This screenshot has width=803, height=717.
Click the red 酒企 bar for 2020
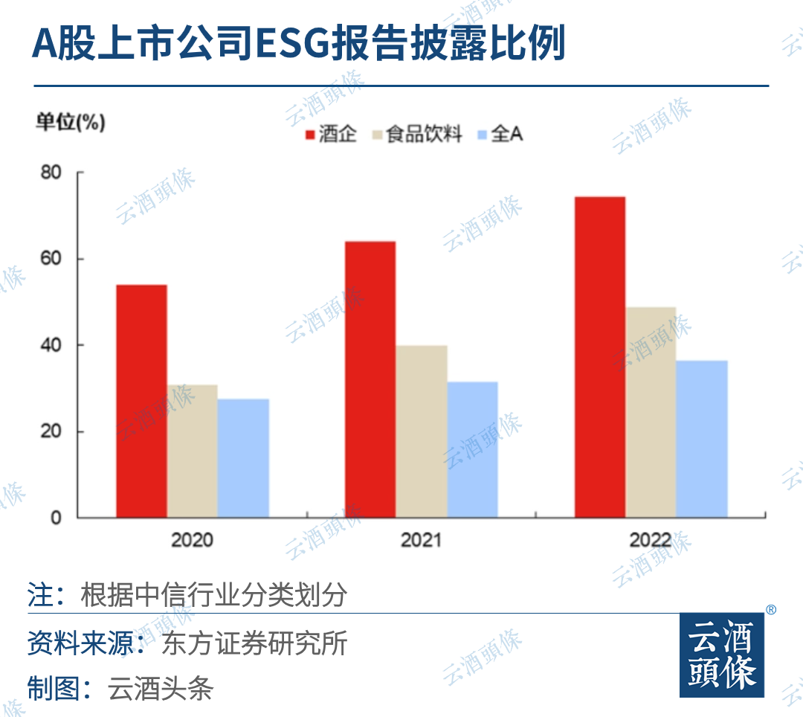click(x=141, y=402)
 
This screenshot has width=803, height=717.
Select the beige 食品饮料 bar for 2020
click(x=193, y=451)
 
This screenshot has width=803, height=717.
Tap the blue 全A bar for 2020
click(x=243, y=458)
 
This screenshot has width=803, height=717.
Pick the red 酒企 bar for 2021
click(x=370, y=379)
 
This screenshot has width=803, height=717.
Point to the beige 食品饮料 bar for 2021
click(x=422, y=431)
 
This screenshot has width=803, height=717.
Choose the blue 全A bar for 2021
click(x=472, y=449)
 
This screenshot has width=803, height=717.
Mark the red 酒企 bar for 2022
click(x=599, y=357)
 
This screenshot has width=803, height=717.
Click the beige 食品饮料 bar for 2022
click(x=651, y=412)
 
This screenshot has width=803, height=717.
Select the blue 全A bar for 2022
click(x=702, y=439)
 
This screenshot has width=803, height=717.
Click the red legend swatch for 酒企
click(x=310, y=135)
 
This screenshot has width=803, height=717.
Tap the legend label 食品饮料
click(x=425, y=135)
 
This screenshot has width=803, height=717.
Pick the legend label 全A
click(x=507, y=135)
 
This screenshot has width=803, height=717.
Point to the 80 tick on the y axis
click(x=51, y=173)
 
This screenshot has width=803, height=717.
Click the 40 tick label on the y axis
click(x=51, y=345)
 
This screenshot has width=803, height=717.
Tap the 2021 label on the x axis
click(x=421, y=539)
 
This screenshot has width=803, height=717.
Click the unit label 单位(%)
click(x=71, y=123)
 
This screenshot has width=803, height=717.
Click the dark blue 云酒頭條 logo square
click(x=721, y=655)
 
